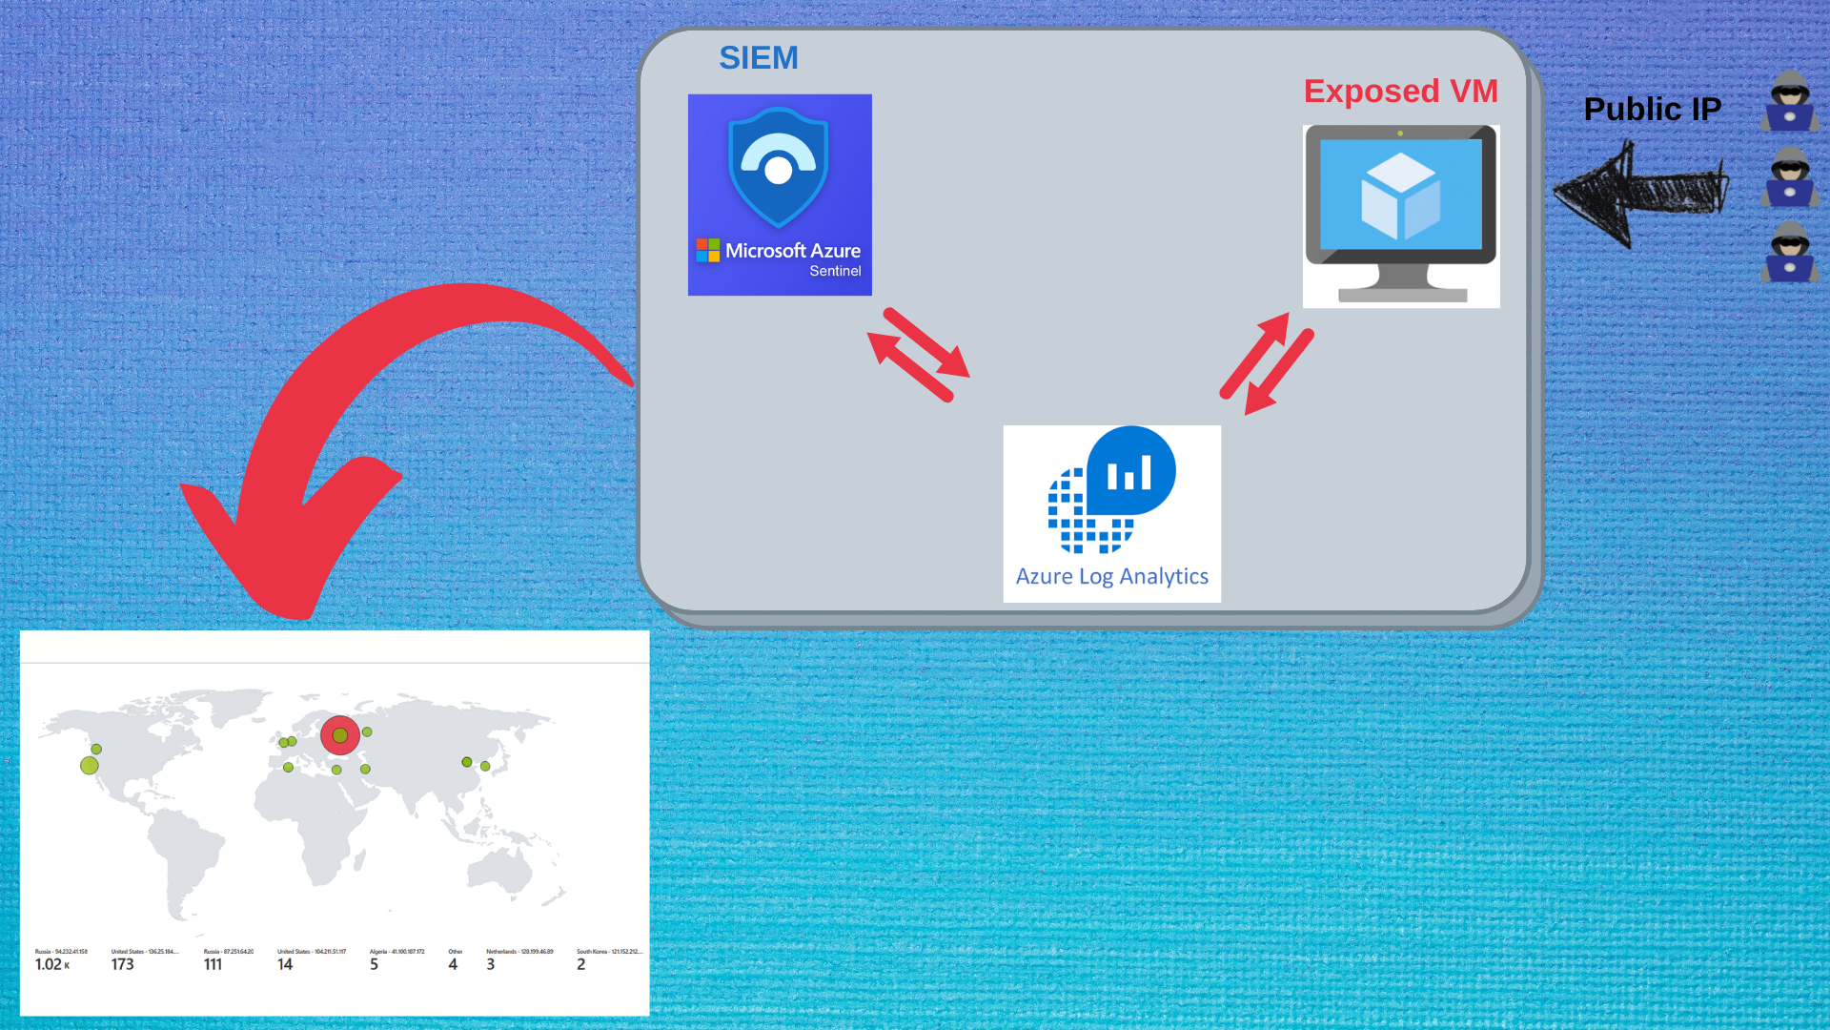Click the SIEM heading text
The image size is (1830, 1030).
[x=758, y=58]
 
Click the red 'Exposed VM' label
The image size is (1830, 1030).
[x=1400, y=92]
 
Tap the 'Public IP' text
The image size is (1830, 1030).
[x=1652, y=110]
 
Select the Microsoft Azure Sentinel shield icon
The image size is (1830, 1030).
[x=778, y=167]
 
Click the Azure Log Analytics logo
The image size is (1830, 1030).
[x=1111, y=491]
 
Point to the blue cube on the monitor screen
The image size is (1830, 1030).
[x=1400, y=196]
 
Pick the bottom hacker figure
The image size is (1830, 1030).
[x=1790, y=252]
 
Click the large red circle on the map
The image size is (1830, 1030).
[x=340, y=735]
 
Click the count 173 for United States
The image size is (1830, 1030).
[x=122, y=965]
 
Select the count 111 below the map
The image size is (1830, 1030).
[x=213, y=965]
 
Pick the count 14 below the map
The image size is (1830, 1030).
[x=285, y=965]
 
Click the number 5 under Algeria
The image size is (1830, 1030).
[x=374, y=965]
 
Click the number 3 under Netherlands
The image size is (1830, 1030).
[x=490, y=965]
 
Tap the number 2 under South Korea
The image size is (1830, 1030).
[x=580, y=965]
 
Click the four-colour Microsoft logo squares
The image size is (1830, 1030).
[x=707, y=250]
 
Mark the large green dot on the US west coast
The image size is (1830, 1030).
[x=90, y=765]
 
